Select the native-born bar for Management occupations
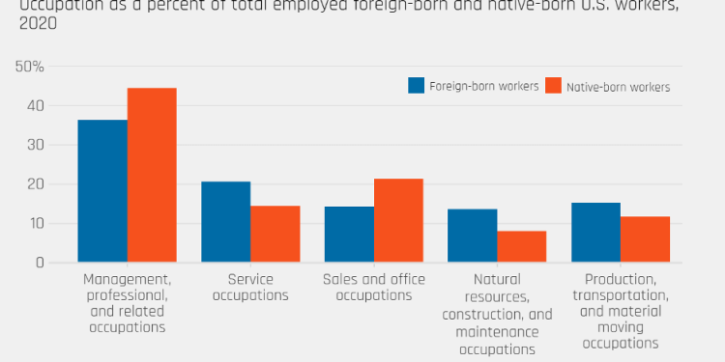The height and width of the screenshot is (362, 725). coord(152,175)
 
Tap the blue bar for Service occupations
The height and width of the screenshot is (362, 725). coord(226,222)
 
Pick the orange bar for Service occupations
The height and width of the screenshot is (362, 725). coord(275,234)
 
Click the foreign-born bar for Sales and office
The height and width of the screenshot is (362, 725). coord(349,235)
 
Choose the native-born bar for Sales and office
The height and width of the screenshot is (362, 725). coord(398,220)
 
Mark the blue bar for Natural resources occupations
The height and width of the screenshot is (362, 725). coord(473,236)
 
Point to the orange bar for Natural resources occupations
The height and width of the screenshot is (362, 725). coord(522,246)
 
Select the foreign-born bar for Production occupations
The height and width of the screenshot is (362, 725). coord(595,233)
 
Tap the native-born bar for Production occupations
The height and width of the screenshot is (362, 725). coord(645,239)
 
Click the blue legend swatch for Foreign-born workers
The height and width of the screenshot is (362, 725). coord(417,85)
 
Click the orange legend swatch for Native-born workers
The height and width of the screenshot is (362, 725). coord(555,85)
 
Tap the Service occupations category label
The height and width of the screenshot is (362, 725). coord(250,287)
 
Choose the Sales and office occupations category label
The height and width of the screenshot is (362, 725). coord(374,287)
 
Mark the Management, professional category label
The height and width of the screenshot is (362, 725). coord(127,302)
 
